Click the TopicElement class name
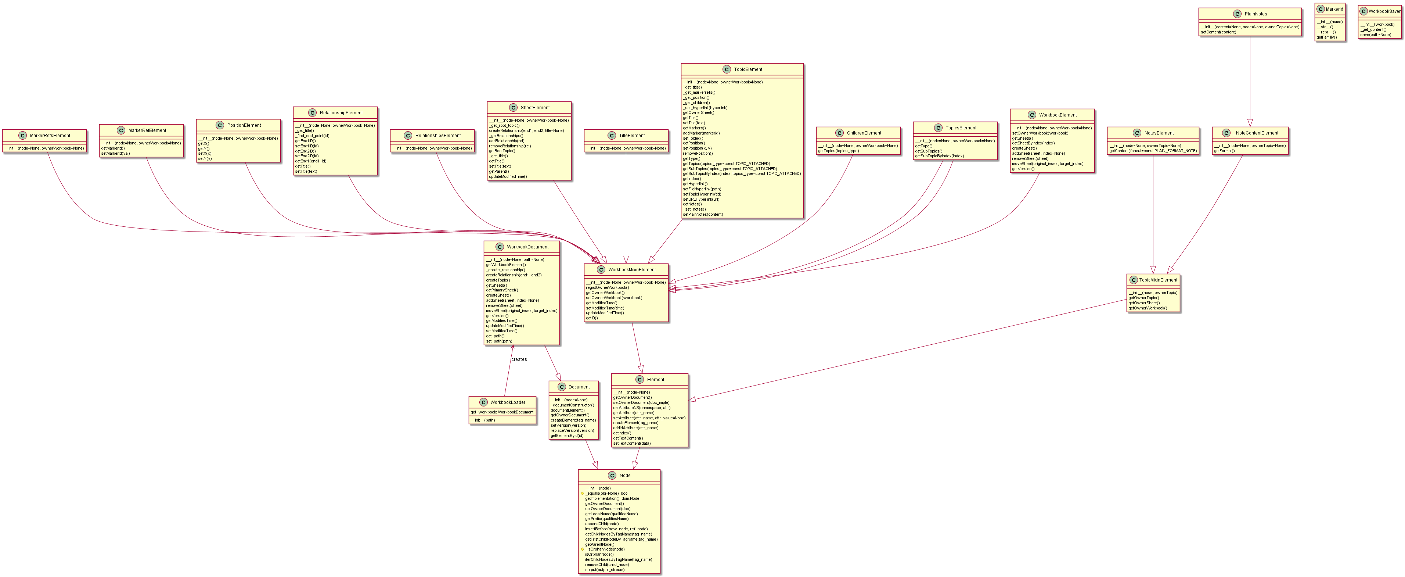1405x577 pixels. [748, 69]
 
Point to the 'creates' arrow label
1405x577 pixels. [519, 359]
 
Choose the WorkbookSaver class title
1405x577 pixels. [1384, 11]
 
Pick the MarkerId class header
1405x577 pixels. [1334, 9]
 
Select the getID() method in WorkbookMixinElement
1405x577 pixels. [592, 318]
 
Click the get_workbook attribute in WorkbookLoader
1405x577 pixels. [502, 412]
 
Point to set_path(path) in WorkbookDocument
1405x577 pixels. [498, 341]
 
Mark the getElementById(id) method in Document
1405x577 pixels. [567, 436]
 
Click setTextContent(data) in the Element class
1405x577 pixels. [631, 443]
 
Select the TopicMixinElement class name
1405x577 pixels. [1158, 280]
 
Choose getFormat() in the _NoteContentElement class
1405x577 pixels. [1225, 151]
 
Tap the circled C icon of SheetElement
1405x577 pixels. [513, 108]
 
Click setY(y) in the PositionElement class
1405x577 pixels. [205, 158]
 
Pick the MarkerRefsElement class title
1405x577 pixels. [50, 135]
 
